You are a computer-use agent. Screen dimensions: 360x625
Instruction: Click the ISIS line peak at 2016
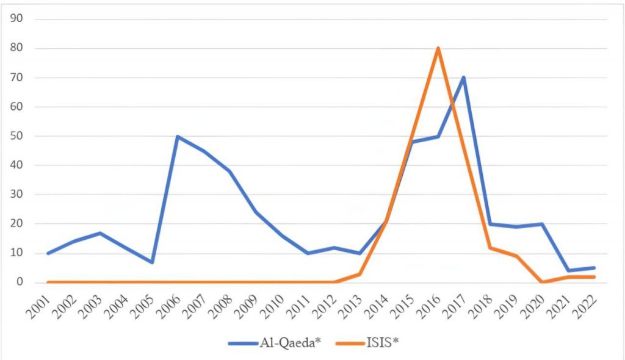438,48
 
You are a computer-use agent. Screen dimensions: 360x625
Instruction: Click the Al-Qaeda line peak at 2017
464,77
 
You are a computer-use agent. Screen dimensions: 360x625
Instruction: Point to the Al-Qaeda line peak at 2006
178,136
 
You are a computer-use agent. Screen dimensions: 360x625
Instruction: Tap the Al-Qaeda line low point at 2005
151,262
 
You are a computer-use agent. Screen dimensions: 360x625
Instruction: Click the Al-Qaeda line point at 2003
99,233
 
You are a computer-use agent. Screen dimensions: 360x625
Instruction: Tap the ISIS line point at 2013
359,274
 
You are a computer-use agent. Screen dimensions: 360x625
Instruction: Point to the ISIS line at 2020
542,282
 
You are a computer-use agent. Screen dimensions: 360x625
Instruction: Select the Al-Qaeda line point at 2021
568,271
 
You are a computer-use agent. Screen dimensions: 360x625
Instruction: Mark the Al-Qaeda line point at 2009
256,212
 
